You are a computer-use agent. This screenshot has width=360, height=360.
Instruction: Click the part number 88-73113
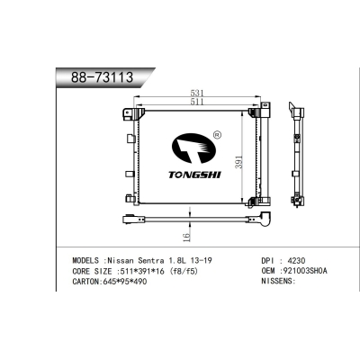click(102, 77)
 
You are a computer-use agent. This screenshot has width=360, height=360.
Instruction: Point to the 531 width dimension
click(197, 93)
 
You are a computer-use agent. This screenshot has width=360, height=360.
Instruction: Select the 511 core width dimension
click(197, 102)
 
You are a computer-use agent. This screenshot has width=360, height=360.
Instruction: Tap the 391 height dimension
click(238, 162)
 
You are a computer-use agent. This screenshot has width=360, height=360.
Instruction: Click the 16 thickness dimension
click(186, 238)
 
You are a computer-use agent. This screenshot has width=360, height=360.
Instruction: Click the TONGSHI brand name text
click(194, 175)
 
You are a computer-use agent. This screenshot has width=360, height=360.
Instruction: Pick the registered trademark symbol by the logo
click(217, 135)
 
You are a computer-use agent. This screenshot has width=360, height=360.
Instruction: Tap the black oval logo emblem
click(193, 148)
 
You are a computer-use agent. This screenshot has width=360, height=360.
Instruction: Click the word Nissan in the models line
click(121, 260)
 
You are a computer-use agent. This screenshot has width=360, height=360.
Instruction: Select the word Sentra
click(150, 260)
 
